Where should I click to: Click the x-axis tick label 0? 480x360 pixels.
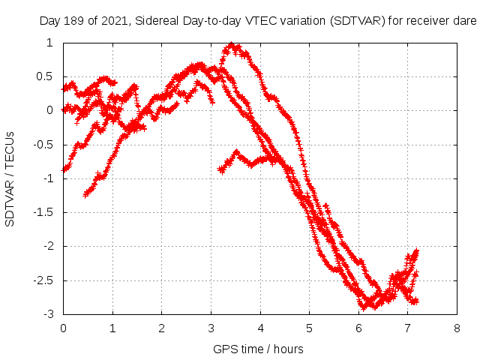pos(63,328)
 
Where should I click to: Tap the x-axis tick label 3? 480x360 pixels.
pos(211,328)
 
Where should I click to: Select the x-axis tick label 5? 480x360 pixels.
pos(309,328)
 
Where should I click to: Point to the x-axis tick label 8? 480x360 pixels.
pos(457,328)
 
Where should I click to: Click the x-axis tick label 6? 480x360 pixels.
pos(358,328)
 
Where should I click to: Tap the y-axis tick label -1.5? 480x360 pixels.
pos(45,212)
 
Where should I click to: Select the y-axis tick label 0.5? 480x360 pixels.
pos(46,76)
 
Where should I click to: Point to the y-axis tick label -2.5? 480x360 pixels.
pos(45,280)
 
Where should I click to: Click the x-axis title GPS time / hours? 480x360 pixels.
pos(258,349)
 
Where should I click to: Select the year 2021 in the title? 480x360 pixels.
pos(115,21)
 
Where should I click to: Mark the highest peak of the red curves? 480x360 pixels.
pos(232,45)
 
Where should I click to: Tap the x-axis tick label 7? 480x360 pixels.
pos(407,328)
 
